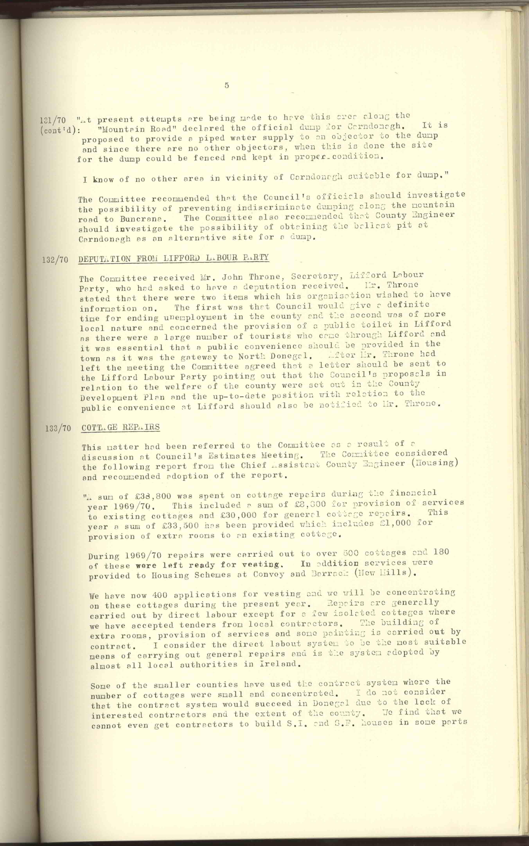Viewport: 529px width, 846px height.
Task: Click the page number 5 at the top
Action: point(227,85)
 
